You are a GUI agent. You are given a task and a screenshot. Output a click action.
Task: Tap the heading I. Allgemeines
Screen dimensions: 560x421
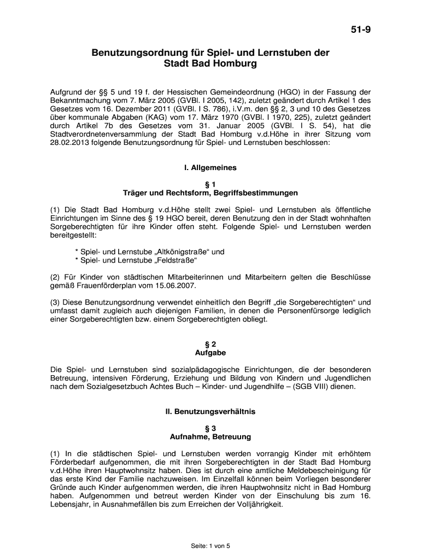[210, 168]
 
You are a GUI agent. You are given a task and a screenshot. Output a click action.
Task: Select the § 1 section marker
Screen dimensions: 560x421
[210, 184]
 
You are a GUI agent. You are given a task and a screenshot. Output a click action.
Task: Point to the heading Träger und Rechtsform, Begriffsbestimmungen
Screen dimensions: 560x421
[210, 193]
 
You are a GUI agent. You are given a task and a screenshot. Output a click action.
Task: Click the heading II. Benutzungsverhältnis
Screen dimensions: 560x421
[210, 411]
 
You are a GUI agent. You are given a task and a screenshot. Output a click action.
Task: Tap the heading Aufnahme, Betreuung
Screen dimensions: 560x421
[210, 437]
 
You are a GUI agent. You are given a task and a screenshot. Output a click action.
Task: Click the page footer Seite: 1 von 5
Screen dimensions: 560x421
[210, 546]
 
